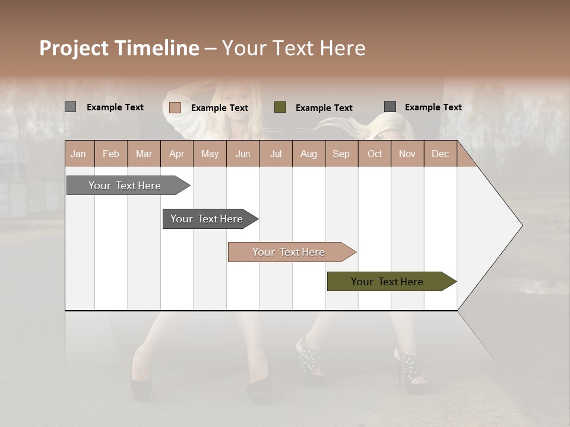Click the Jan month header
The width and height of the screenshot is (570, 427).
[78, 154]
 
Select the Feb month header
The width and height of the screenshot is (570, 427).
[111, 154]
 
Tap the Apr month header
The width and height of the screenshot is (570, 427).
[176, 154]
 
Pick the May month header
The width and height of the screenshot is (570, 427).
[210, 154]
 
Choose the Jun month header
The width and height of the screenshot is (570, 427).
[243, 154]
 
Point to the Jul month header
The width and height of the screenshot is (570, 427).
[275, 154]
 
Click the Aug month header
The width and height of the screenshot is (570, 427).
[308, 154]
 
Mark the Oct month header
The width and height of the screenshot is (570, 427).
[375, 154]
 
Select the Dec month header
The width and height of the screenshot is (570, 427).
[440, 154]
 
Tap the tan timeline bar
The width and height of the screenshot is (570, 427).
[289, 252]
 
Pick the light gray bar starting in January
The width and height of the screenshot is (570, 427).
[125, 186]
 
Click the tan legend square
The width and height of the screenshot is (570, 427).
[175, 107]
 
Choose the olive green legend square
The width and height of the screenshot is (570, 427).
[280, 107]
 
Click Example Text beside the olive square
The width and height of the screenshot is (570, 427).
[324, 108]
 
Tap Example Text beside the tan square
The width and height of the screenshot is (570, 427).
[219, 108]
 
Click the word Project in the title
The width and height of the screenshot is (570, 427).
[74, 48]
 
